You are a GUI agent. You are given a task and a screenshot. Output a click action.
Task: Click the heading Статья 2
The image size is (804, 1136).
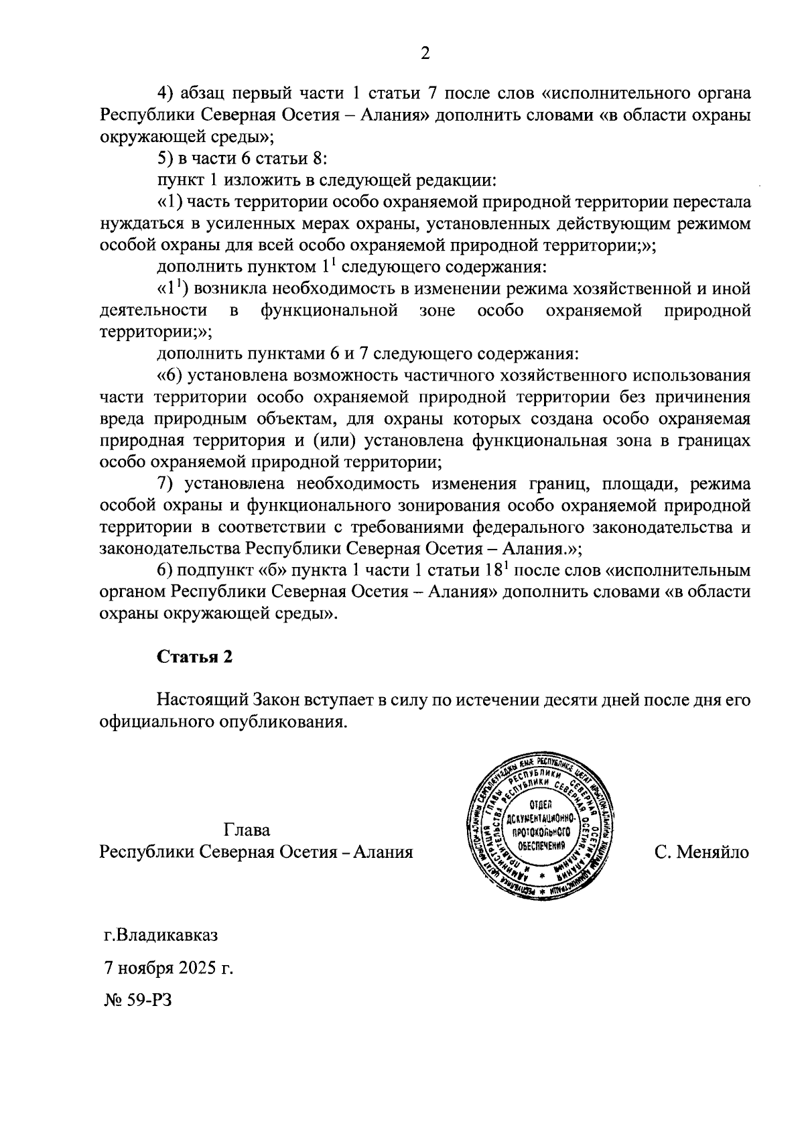(195, 657)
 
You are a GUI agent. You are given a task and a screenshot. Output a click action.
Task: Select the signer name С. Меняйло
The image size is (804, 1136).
(703, 852)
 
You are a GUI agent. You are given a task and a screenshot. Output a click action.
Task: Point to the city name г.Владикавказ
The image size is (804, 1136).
(161, 934)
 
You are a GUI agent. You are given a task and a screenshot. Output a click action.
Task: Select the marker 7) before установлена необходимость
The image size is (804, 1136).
(165, 483)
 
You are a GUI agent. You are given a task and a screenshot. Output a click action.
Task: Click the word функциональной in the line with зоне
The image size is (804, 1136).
(330, 310)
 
